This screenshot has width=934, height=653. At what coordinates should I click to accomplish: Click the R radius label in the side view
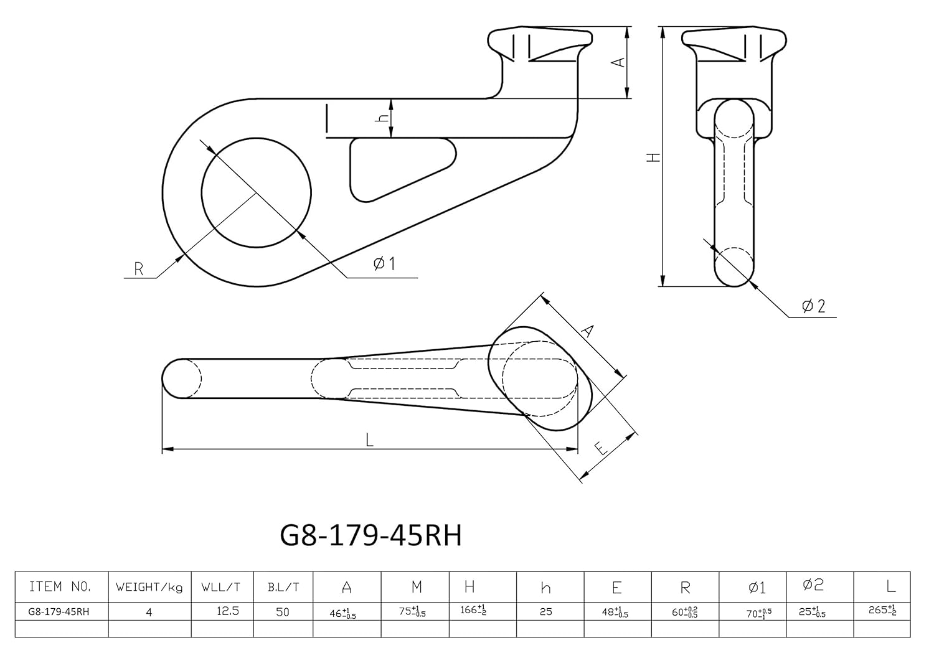[139, 269]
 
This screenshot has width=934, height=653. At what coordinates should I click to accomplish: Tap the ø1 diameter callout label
[384, 264]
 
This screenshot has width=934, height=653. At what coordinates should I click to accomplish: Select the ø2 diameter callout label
[813, 306]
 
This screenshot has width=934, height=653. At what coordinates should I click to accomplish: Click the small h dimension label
[384, 118]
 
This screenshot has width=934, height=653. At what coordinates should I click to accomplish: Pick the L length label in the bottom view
[369, 441]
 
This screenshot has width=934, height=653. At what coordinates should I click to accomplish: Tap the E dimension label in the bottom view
[601, 448]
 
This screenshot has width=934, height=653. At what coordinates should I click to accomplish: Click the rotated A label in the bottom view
[587, 331]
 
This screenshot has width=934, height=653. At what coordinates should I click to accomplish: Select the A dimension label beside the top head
[618, 62]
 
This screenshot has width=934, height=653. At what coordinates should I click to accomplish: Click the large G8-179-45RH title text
[371, 535]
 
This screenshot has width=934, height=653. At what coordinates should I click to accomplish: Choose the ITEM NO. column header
[60, 586]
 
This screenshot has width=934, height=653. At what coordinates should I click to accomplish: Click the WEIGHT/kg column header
[149, 587]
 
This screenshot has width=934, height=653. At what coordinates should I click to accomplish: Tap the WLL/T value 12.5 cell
[228, 611]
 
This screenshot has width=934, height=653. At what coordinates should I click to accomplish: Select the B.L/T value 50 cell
[283, 612]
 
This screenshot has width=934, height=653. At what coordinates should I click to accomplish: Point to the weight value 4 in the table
[149, 612]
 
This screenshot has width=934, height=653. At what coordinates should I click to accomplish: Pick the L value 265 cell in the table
[883, 611]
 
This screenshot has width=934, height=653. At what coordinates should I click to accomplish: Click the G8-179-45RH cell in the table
[59, 611]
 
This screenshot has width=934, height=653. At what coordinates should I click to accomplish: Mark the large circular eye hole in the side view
[256, 193]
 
